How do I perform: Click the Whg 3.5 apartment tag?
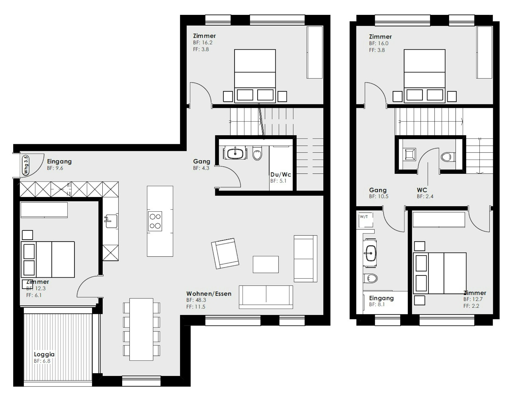click(26, 165)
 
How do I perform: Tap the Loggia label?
click(44, 354)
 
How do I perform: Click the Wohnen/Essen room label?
click(209, 294)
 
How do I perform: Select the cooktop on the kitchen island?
click(155, 221)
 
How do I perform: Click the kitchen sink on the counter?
click(111, 221)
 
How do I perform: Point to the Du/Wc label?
click(281, 174)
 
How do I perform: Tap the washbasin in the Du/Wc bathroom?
click(235, 153)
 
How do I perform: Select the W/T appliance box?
click(366, 220)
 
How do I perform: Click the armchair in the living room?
click(225, 253)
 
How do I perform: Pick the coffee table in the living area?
click(266, 264)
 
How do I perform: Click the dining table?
click(141, 329)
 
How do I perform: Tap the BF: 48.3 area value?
click(196, 300)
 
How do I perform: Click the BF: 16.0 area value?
click(379, 43)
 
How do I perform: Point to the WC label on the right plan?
click(422, 190)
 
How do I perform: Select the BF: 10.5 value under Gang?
click(379, 196)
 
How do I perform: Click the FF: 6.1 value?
click(34, 295)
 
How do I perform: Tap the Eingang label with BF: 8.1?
click(381, 298)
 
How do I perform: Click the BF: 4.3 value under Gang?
click(201, 168)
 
